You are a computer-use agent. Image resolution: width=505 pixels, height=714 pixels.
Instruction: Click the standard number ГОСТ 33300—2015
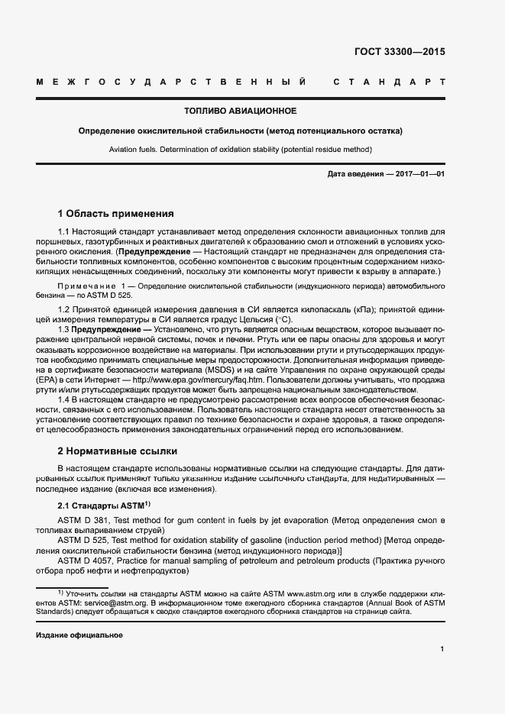[400, 53]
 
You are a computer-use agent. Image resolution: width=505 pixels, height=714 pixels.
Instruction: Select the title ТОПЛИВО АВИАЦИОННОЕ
[240, 111]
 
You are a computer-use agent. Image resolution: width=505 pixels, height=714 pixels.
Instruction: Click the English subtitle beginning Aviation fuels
[240, 150]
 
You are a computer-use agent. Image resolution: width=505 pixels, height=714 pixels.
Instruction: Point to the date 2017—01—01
[419, 174]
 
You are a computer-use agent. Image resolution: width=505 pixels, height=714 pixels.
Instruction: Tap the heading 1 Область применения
[116, 213]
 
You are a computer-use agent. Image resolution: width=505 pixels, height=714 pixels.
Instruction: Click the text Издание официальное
[79, 635]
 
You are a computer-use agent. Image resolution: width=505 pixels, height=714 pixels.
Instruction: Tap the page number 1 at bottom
[442, 649]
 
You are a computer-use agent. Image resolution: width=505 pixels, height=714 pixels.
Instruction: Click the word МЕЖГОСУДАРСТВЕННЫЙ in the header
[172, 81]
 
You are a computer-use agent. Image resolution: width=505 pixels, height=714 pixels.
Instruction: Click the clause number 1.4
[66, 399]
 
